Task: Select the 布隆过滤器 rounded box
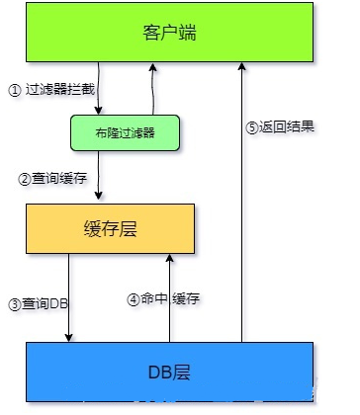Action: pos(126,132)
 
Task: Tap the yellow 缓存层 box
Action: pos(111,230)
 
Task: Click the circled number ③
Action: pos(14,303)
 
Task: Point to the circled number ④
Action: pos(134,297)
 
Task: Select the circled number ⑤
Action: pos(252,126)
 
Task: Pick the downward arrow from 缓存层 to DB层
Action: pos(68,300)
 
